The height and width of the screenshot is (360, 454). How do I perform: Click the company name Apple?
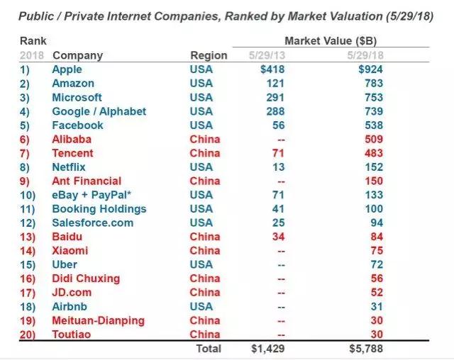point(67,69)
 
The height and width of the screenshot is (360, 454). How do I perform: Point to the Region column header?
point(209,55)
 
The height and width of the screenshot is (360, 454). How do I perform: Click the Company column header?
point(77,55)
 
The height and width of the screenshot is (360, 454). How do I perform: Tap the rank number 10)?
point(28,195)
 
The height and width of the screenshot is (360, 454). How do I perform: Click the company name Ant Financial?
point(87,181)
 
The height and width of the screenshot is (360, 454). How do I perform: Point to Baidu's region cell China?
point(205,237)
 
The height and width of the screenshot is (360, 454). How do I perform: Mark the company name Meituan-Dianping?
point(98,320)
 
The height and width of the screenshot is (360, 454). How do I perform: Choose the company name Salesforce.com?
point(92,223)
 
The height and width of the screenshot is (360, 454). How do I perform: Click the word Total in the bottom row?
point(208,349)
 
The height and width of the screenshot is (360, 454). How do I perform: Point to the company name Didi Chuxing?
point(86,279)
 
